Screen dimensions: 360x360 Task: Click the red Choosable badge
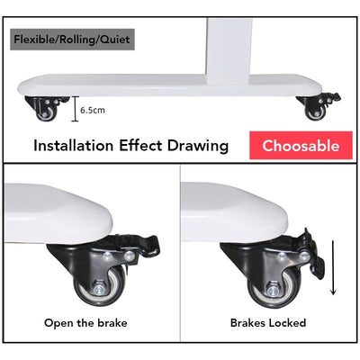point(301,145)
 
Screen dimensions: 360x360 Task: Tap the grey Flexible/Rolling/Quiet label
point(72,40)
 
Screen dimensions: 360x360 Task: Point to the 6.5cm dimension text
point(93,110)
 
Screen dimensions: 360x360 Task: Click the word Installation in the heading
point(74,146)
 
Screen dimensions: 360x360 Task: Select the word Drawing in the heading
point(198,146)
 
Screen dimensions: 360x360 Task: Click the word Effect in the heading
point(140,146)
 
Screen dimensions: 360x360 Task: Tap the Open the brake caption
point(85,323)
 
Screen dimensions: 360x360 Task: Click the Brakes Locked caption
point(268,323)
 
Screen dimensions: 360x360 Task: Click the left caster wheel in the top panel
point(47,114)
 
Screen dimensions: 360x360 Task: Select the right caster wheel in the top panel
point(315,113)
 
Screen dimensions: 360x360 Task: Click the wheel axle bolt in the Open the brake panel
point(99,290)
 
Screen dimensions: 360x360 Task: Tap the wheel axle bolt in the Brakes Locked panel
point(273,290)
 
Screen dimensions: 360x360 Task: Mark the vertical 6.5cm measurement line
point(75,109)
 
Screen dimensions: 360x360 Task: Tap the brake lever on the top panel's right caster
point(333,98)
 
